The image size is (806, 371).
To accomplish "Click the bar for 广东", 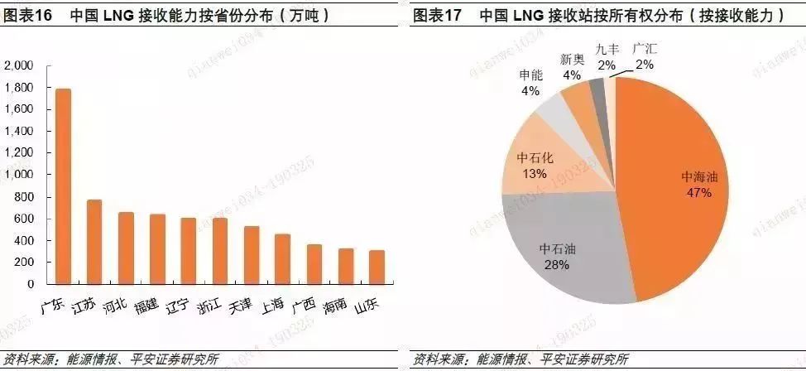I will (63, 186).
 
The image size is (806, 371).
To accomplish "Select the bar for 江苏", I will (94, 242).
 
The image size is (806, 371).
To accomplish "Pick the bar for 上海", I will (282, 259).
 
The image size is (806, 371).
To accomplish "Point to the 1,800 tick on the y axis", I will (20, 88).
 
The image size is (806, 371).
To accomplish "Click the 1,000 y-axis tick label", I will (20, 175).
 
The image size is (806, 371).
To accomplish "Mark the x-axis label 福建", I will (147, 306).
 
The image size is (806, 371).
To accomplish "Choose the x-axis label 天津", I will (241, 306).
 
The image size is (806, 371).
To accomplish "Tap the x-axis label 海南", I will (334, 306).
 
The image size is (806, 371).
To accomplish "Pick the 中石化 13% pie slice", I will (534, 166).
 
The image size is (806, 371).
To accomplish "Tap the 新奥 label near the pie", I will (572, 60).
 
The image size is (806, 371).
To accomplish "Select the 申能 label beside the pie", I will (530, 75).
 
